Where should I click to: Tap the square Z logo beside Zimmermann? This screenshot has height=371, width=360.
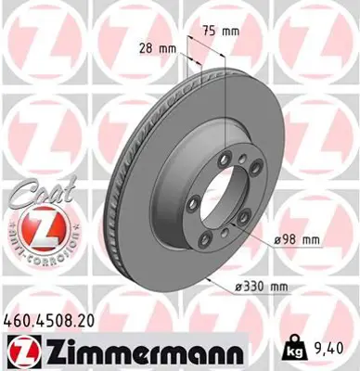(x=19, y=352)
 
